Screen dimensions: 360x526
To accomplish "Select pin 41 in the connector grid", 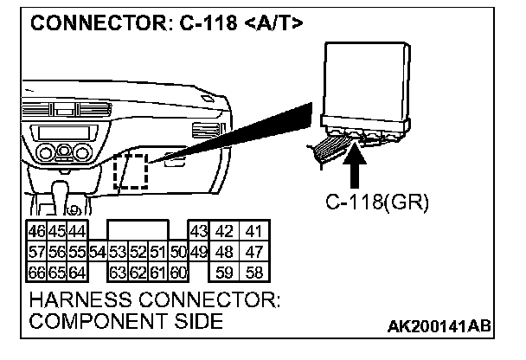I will (x=253, y=232).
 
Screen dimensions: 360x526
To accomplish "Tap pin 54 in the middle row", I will (x=98, y=252).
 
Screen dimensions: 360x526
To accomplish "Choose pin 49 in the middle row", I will (x=199, y=252).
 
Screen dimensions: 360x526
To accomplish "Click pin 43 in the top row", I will (x=199, y=232).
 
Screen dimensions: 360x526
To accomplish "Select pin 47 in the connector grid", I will (x=253, y=252).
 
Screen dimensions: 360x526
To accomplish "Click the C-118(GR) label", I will (x=377, y=202).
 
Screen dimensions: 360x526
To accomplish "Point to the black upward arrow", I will (x=356, y=166).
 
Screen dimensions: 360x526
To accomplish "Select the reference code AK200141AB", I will (x=440, y=326).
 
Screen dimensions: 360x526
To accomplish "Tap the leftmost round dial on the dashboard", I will (x=42, y=155).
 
